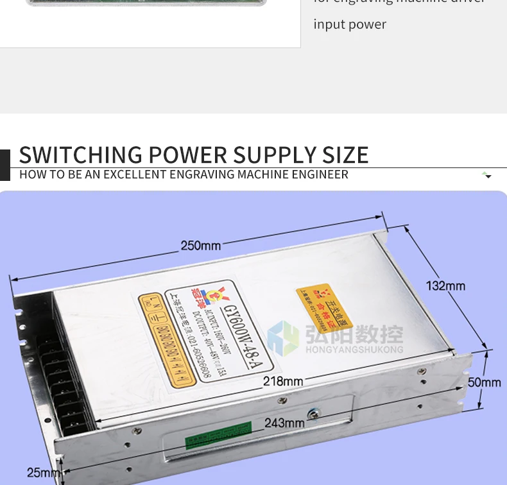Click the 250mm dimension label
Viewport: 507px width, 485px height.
click(200, 246)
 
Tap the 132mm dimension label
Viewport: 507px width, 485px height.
click(445, 285)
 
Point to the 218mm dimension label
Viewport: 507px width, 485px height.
click(282, 382)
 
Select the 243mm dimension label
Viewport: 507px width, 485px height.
click(284, 423)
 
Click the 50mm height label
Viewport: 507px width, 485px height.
click(484, 382)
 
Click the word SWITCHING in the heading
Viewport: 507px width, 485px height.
click(81, 155)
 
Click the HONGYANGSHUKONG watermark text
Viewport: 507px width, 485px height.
click(354, 350)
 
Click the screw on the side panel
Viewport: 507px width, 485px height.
click(313, 414)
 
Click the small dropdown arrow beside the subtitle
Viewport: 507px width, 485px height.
click(488, 175)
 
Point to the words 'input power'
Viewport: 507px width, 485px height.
click(350, 24)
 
